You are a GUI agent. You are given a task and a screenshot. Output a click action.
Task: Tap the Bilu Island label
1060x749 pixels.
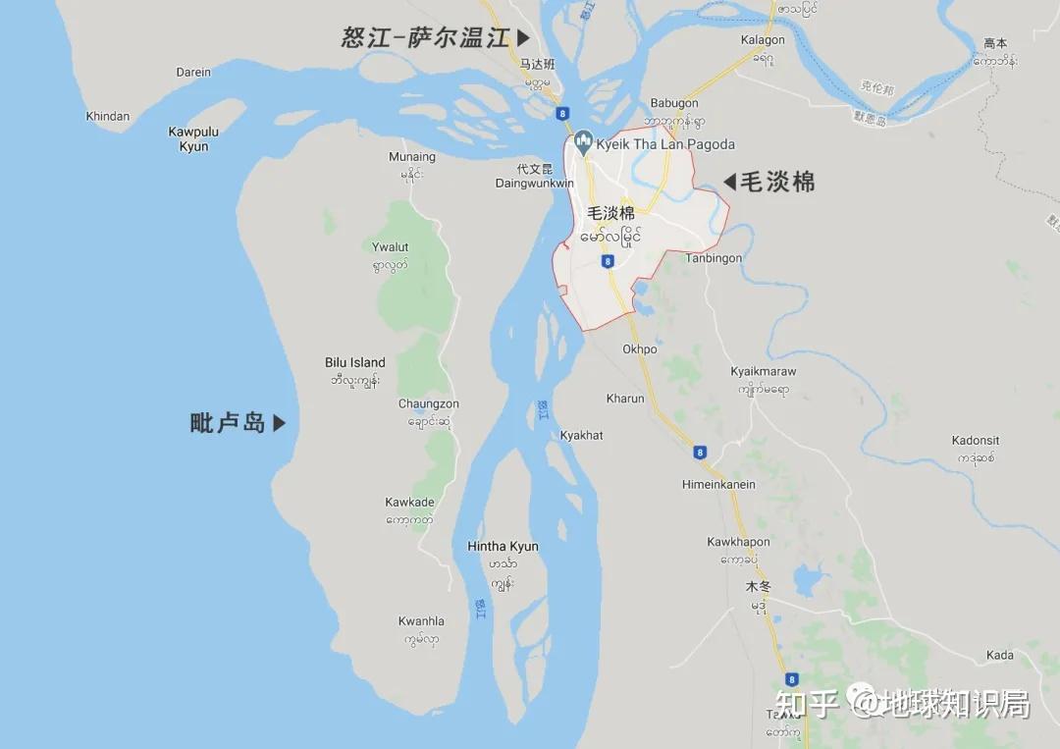click(x=355, y=362)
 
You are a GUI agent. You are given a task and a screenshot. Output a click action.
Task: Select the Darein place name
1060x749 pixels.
click(x=193, y=72)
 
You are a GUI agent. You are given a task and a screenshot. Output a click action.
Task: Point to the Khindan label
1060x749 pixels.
click(x=108, y=116)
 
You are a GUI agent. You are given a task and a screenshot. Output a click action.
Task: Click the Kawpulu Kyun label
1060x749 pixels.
click(x=193, y=138)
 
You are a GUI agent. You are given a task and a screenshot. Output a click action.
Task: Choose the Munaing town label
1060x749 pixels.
click(x=412, y=157)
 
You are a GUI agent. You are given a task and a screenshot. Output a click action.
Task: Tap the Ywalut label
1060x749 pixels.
click(x=390, y=247)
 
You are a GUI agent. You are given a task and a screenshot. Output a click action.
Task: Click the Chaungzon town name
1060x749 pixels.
click(x=429, y=403)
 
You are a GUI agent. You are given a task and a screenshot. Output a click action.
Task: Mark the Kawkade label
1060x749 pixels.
click(x=410, y=503)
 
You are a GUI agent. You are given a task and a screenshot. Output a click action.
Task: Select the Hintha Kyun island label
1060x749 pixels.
click(x=503, y=547)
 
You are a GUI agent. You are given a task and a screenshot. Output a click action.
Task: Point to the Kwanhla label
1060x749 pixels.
click(x=421, y=621)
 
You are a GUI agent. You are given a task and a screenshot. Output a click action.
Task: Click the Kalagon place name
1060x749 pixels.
click(x=763, y=40)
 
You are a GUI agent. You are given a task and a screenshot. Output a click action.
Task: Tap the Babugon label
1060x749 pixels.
click(x=674, y=103)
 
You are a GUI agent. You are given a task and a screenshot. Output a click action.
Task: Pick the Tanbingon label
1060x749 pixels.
click(x=714, y=258)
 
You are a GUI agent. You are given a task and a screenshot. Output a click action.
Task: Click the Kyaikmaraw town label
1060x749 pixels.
click(x=764, y=372)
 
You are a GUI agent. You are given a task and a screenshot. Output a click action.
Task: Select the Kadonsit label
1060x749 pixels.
click(x=976, y=441)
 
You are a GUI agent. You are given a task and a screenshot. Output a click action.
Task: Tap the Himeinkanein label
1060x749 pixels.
click(x=719, y=484)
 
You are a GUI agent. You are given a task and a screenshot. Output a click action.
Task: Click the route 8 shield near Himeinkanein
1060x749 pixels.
click(x=699, y=453)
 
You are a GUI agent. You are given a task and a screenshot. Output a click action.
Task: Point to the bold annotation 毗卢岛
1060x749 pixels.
click(x=228, y=423)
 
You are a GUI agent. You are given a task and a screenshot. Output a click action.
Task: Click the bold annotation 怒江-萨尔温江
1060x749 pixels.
click(x=426, y=38)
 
